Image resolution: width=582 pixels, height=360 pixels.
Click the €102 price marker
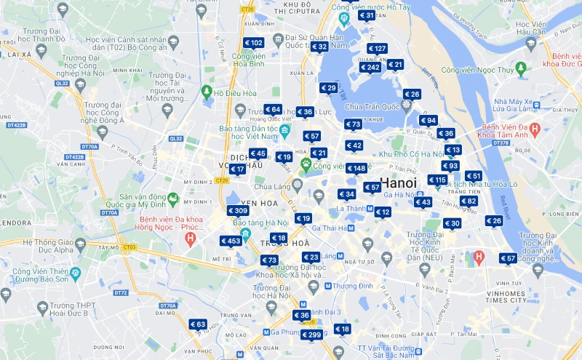[x=254, y=43]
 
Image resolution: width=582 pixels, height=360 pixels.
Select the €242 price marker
[x=370, y=68]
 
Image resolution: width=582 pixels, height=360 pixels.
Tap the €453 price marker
[x=231, y=241]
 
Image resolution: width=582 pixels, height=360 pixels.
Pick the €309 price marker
[x=238, y=210]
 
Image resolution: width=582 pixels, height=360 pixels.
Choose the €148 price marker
[x=356, y=169]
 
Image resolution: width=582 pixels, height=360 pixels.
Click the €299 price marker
[x=311, y=335]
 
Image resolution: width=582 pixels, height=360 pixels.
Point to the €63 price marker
[x=198, y=324]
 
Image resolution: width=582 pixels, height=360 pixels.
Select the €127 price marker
[x=376, y=49]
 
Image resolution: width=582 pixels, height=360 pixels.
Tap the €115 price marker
[x=437, y=180]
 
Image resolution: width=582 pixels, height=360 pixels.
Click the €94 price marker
[x=428, y=120]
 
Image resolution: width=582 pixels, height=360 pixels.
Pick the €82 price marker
[x=469, y=201]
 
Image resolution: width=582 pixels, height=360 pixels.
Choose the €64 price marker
[x=273, y=109]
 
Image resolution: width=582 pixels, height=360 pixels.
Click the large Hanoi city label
[x=399, y=183]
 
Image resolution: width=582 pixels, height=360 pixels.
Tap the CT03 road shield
[x=129, y=247]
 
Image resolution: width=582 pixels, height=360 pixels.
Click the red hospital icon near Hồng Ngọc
[x=191, y=238]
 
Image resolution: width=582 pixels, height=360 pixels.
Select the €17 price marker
[x=237, y=169]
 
